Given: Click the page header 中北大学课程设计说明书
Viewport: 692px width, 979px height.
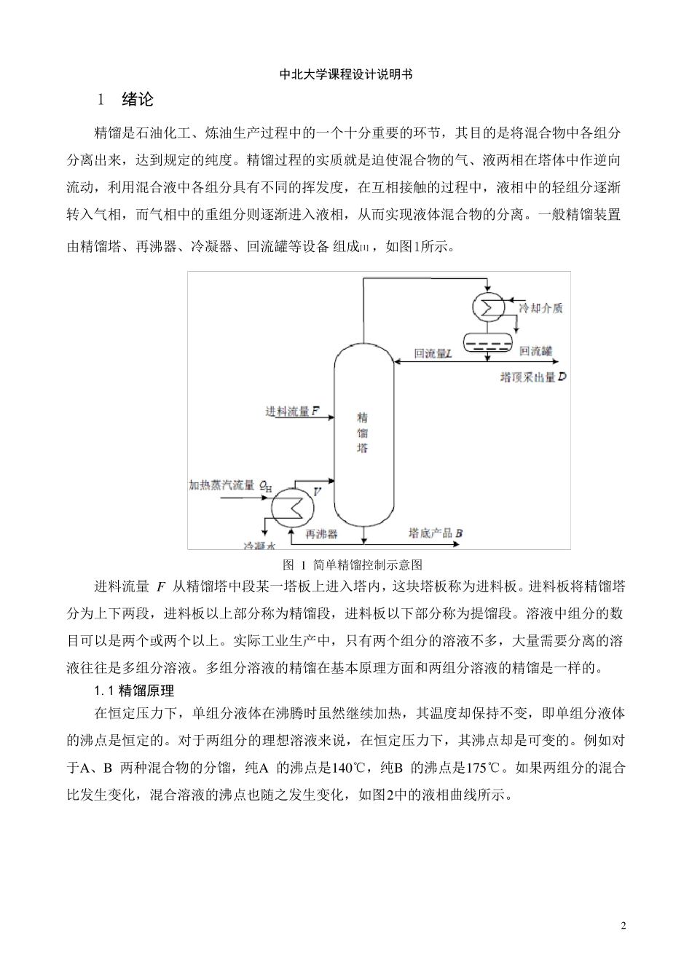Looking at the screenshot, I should point(346,74).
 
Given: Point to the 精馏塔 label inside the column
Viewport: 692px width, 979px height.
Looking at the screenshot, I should point(362,433).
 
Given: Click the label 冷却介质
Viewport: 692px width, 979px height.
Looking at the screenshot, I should point(540,307).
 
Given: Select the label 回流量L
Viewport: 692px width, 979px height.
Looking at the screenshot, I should point(433,354).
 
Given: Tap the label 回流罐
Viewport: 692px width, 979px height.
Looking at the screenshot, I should point(536,351).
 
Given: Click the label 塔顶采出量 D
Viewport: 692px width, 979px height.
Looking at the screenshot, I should point(532,377).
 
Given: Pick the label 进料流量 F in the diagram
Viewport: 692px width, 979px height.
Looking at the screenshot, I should point(292,412).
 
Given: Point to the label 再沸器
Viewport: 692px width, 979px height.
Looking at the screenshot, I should point(321,534).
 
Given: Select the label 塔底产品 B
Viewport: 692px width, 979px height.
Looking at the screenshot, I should point(436,533).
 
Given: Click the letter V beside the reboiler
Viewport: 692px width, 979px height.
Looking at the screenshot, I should point(317,492).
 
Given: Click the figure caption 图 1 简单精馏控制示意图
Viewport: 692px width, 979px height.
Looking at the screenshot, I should point(352,565).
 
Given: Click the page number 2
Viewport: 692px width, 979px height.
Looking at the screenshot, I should point(624,926).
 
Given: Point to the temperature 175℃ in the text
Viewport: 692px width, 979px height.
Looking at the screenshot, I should point(483,768).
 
